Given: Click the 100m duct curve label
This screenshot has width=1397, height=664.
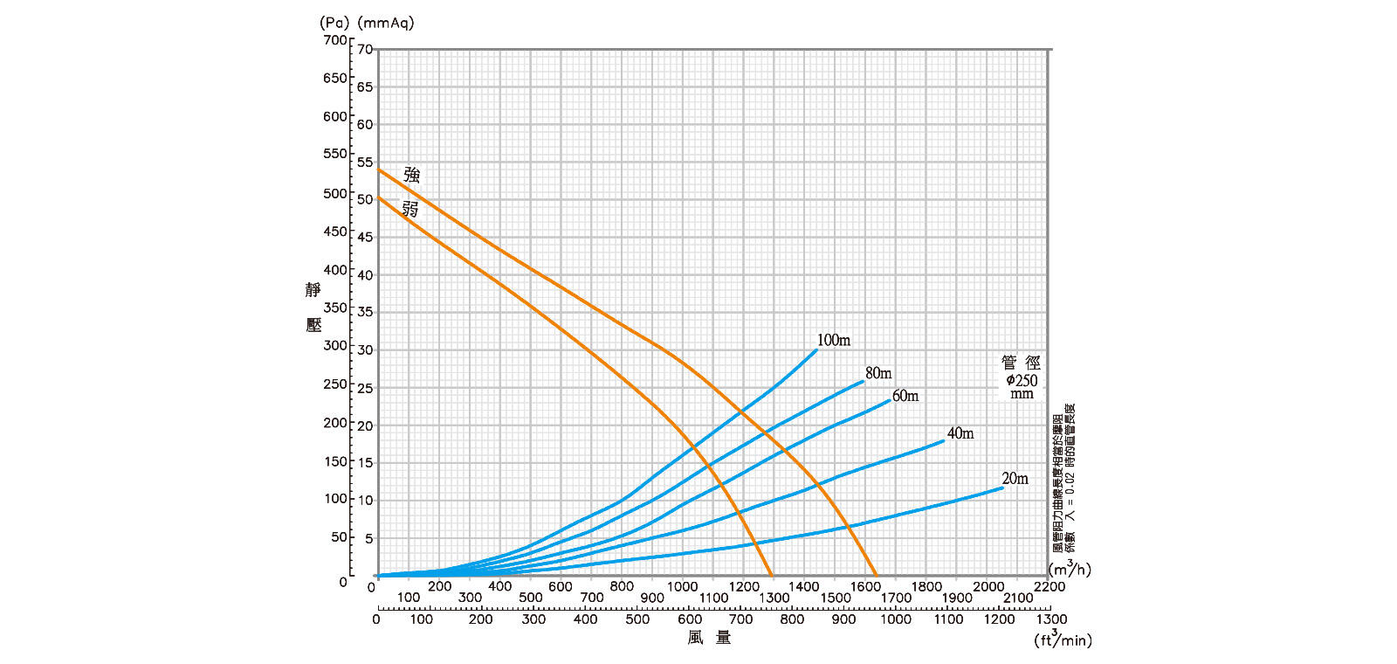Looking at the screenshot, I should point(833,341).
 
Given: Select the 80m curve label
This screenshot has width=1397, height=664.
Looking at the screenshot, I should point(878,374).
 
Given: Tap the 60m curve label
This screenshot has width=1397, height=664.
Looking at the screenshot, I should point(905,397).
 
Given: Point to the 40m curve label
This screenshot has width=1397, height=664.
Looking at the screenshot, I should point(960,434).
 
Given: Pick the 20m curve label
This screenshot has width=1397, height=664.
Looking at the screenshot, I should point(1015,479).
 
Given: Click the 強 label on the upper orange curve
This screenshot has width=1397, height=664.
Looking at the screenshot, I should point(411,174).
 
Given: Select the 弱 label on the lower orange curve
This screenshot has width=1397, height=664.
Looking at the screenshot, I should point(410,209).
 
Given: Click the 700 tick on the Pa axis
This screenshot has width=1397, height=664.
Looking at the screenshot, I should point(334,40).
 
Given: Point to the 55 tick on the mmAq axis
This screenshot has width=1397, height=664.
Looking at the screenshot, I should point(364,163).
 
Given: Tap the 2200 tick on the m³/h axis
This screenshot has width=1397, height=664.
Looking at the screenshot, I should point(1049,587).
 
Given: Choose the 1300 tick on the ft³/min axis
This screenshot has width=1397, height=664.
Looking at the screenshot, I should point(1050,619).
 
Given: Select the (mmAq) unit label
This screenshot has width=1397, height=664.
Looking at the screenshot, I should point(386,23).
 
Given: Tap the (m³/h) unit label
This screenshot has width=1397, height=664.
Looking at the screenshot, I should point(1070,569).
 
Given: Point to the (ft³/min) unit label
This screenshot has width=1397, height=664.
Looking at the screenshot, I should point(1063,640).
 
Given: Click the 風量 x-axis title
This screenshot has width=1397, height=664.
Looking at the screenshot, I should point(709,639).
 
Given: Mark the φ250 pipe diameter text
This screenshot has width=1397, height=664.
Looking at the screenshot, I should point(1022,380).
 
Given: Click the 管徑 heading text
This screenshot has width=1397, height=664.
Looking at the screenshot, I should point(1021,363).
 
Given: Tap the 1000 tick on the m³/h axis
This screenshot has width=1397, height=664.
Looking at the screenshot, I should point(682,587).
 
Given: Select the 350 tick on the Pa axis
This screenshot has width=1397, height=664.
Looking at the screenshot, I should point(334,308).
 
